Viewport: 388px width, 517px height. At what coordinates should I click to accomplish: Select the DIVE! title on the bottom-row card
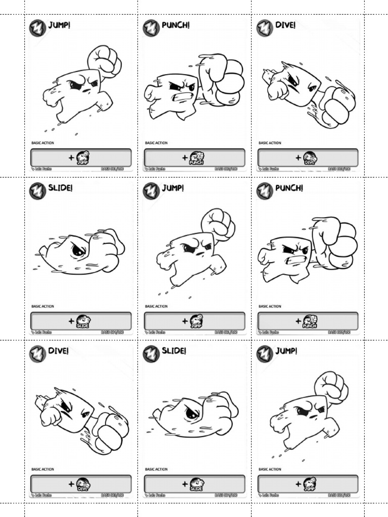[59, 351]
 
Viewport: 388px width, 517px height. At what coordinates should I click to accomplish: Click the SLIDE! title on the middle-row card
[61, 188]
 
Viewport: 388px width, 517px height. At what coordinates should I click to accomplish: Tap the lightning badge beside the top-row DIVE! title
[265, 28]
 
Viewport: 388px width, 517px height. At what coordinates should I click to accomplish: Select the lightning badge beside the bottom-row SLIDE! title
[151, 354]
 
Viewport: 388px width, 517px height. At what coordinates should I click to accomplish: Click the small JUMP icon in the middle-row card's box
[196, 321]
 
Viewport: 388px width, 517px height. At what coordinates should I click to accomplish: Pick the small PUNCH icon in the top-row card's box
[196, 158]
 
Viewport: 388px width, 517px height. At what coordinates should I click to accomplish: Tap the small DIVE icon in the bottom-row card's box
[82, 484]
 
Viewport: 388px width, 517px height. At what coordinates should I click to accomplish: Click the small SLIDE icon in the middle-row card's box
[82, 321]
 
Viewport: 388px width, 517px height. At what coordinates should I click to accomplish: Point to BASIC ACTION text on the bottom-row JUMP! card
[270, 470]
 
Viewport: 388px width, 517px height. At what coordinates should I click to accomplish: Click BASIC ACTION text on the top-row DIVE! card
[270, 143]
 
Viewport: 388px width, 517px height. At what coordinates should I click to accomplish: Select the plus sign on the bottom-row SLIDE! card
[185, 484]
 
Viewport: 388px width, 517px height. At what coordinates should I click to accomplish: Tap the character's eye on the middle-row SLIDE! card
[78, 250]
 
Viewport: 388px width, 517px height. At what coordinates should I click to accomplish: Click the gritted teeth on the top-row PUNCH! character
[181, 96]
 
